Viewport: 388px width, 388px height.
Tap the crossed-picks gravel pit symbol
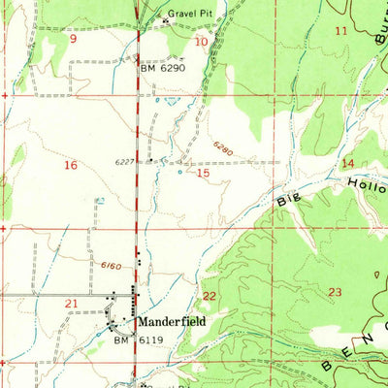coord(166,19)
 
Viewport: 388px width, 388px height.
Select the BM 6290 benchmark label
coord(162,69)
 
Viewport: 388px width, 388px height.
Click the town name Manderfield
coord(171,320)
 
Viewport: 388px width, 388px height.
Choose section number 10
coord(201,42)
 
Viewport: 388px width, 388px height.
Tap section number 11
coord(339,32)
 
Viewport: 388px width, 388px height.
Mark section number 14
coord(347,163)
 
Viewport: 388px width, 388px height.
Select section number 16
coord(70,166)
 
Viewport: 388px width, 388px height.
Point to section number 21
coord(70,305)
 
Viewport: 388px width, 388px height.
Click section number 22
coord(209,295)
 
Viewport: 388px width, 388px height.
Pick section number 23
coord(336,292)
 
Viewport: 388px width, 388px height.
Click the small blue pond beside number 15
coord(179,174)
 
